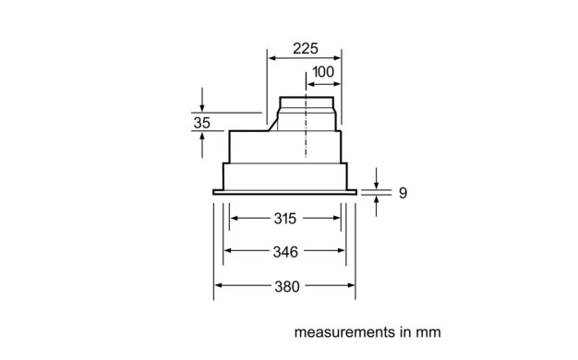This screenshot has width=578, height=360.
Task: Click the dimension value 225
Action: coord(306,48)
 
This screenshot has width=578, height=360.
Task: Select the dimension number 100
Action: coord(323,72)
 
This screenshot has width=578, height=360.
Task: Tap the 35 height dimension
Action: coord(201,123)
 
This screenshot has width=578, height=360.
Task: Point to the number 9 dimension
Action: coord(403,193)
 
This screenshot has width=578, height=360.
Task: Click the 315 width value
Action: coord(285,219)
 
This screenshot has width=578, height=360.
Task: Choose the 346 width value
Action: coord(285,252)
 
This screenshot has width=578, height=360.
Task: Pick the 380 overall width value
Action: coord(287,286)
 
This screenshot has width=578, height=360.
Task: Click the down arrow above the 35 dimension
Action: coord(202,100)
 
